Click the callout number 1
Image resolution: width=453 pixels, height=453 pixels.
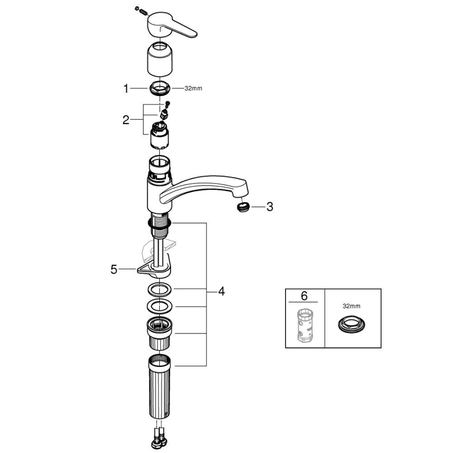pyautogui.click(x=125, y=89)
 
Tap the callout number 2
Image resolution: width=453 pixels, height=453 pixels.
pyautogui.click(x=125, y=121)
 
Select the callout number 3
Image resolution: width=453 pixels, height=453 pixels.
pyautogui.click(x=269, y=207)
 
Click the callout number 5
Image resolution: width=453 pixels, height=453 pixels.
pyautogui.click(x=113, y=269)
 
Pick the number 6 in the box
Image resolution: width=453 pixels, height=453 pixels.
pyautogui.click(x=304, y=296)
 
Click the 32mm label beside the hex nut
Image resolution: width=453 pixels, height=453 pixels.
pyautogui.click(x=193, y=89)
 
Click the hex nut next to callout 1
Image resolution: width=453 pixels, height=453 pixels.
pyautogui.click(x=159, y=89)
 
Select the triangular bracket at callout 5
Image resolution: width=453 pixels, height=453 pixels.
pyautogui.click(x=151, y=270)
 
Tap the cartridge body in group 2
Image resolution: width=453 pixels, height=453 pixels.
pyautogui.click(x=160, y=137)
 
